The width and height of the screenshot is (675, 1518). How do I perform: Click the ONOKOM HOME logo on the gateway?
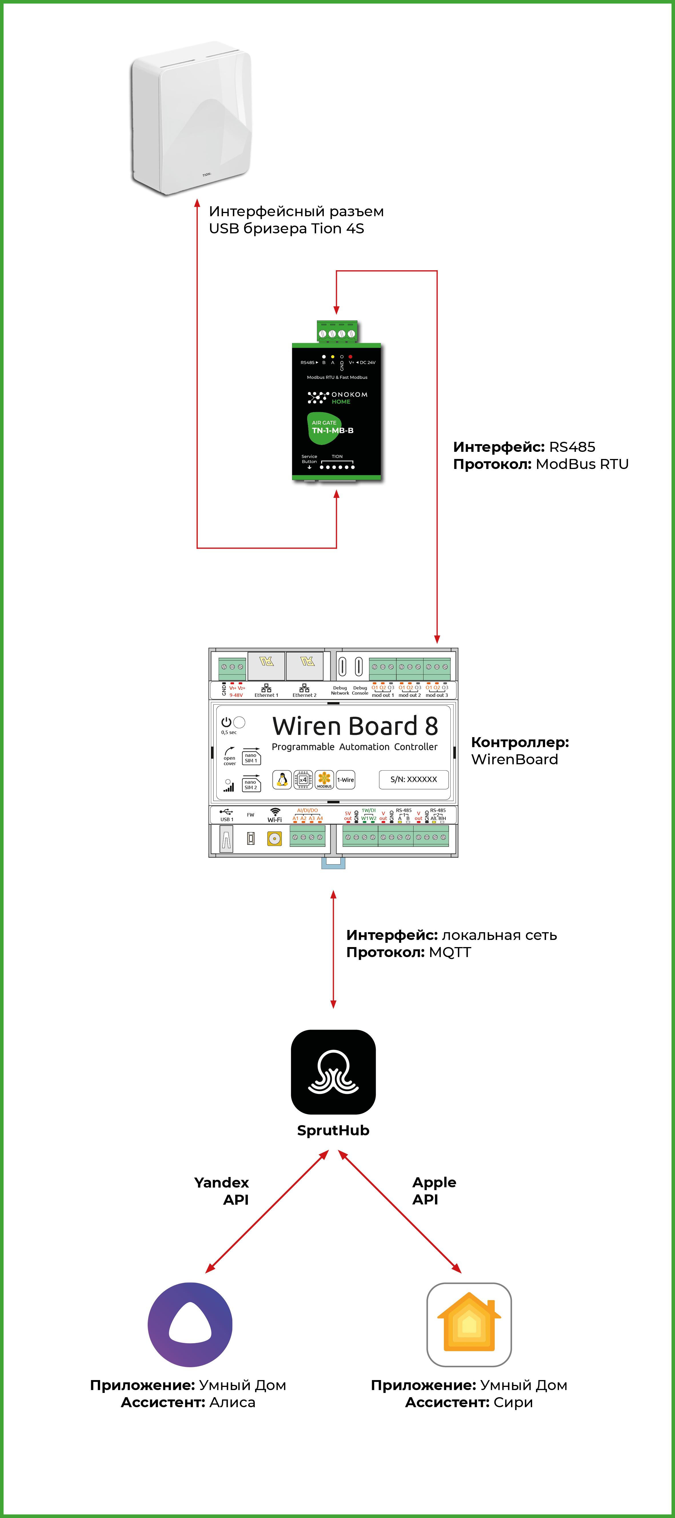[337, 398]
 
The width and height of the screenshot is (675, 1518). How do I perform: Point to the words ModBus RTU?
[582, 464]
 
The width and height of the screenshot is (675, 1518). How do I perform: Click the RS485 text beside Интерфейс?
[572, 447]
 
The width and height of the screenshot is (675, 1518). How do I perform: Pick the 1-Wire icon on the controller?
[346, 780]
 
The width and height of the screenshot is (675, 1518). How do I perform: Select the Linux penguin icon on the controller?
[282, 780]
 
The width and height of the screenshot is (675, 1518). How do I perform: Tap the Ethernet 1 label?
[266, 695]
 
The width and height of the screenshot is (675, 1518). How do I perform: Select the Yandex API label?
[222, 1191]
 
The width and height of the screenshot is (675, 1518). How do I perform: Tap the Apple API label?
[434, 1191]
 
